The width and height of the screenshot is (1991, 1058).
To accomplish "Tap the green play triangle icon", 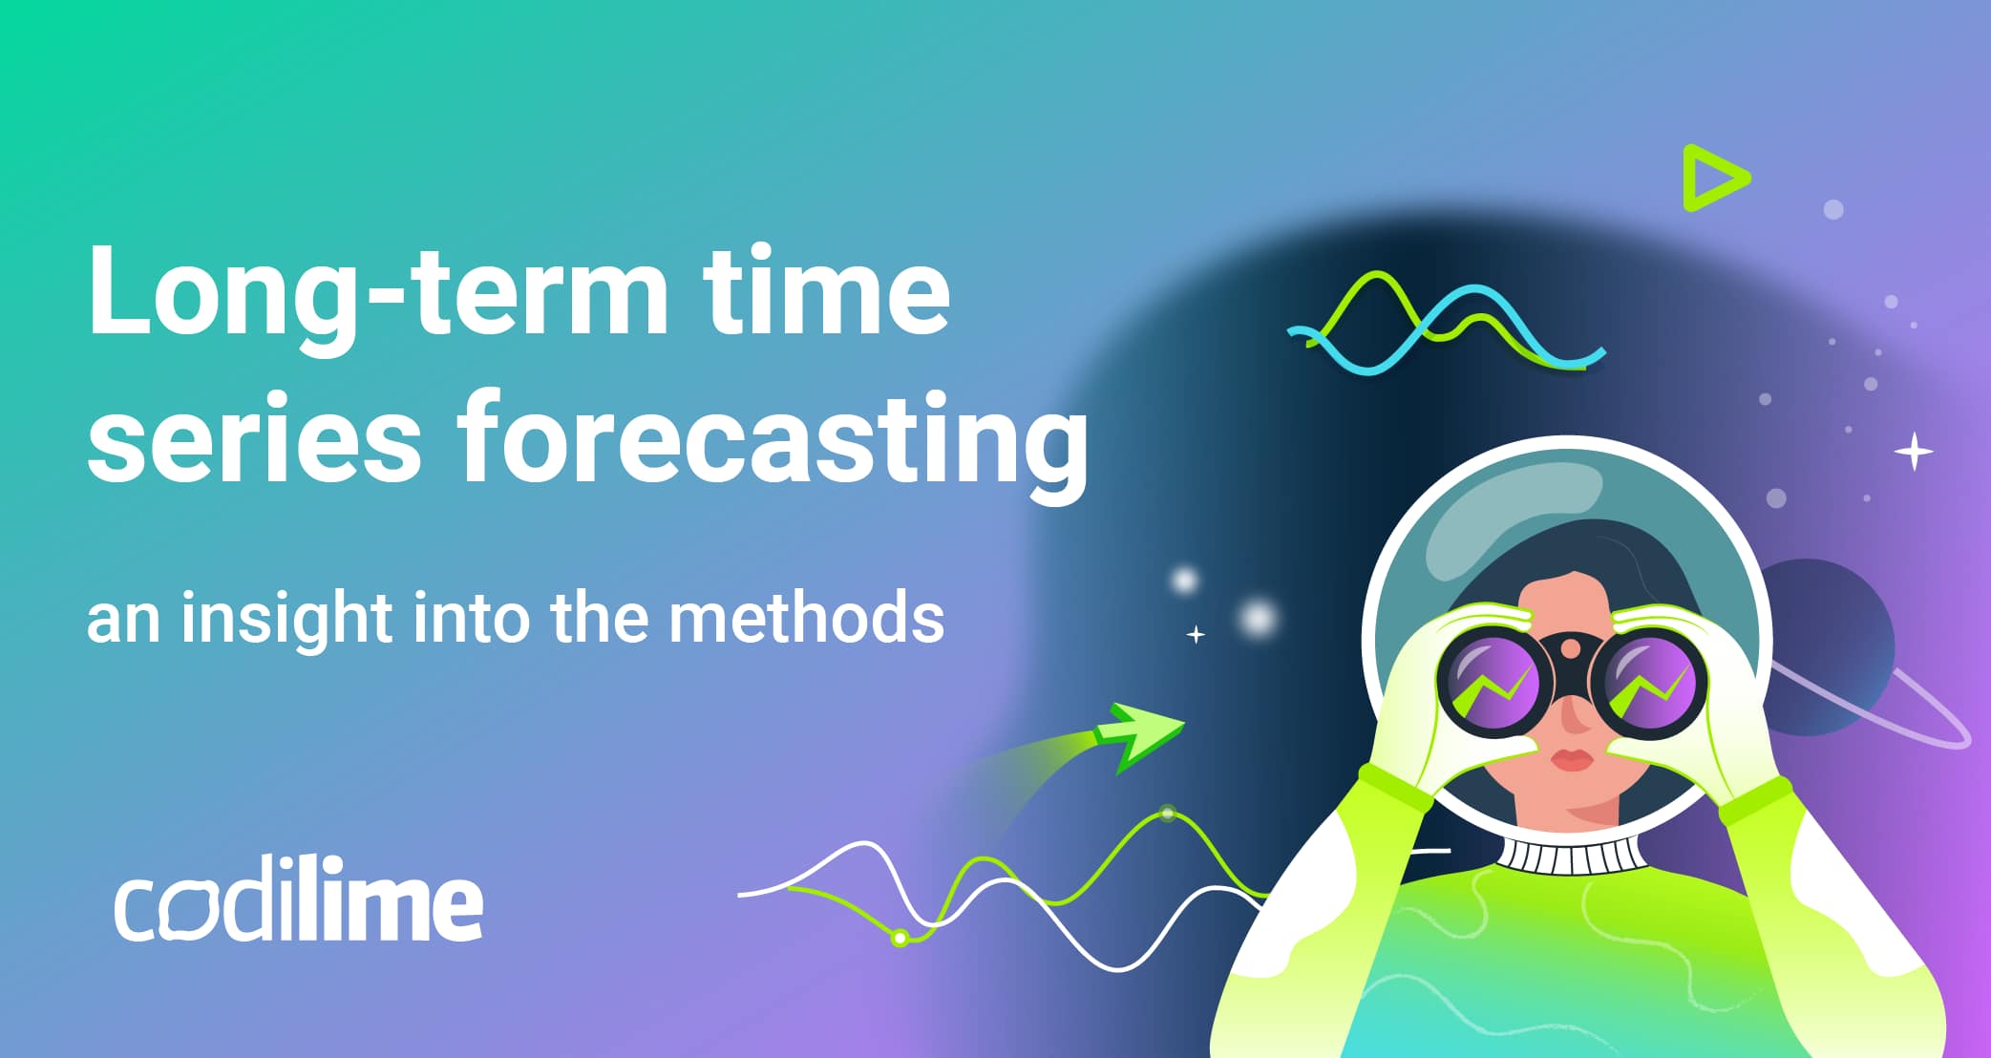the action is point(1714,178).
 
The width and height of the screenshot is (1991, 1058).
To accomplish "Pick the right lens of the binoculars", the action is point(1649,684).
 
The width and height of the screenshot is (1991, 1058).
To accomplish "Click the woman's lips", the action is point(1574,760).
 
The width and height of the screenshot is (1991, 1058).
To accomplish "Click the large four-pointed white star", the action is point(1914,452).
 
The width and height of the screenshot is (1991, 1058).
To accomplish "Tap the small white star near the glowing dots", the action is point(1196,634).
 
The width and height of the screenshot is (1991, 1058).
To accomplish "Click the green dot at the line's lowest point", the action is point(900,939).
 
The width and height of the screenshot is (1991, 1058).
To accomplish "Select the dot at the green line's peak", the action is point(1167,814).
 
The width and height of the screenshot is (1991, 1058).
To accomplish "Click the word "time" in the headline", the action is point(825,291).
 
